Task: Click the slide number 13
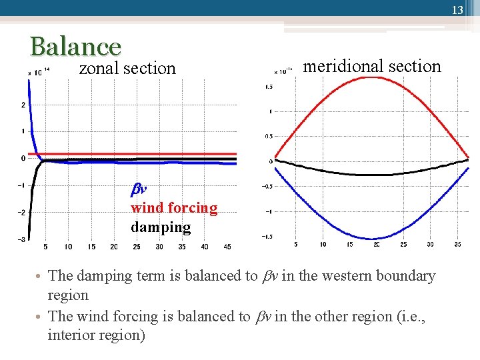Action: pos(457,10)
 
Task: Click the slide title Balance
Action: pos(75,47)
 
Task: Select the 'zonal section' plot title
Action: pos(127,68)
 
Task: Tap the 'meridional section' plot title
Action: pos(372,66)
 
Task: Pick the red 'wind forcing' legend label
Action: pos(174,208)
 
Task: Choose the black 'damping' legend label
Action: pos(161,227)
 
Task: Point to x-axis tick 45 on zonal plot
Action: pos(227,247)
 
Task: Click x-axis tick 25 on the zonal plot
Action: pos(137,247)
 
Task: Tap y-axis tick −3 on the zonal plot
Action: pos(21,239)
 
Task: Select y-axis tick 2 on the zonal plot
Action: pos(23,105)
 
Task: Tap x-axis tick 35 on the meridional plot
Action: pos(457,244)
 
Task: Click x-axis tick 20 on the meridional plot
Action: pos(376,244)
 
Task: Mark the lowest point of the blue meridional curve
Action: pos(373,239)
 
